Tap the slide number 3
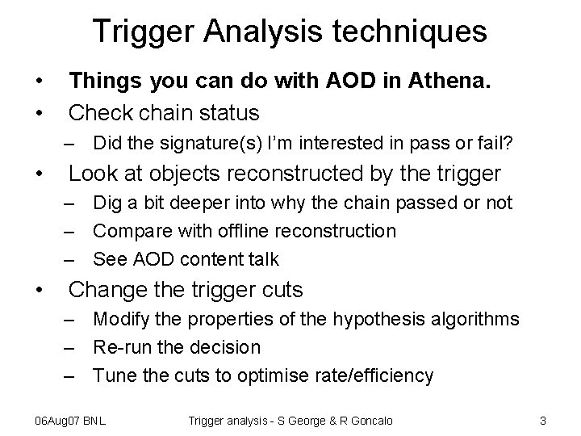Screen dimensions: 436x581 point(544,420)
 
